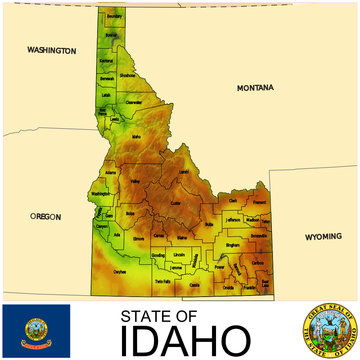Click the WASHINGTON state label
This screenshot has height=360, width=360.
pyautogui.click(x=52, y=49)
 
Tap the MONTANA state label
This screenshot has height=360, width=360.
pyautogui.click(x=253, y=88)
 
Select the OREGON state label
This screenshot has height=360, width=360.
pyautogui.click(x=45, y=216)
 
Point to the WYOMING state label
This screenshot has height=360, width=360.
pyautogui.click(x=323, y=237)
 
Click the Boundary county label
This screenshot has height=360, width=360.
pyautogui.click(x=114, y=18)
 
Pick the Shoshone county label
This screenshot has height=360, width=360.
pyautogui.click(x=127, y=75)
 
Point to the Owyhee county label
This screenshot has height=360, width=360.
pyautogui.click(x=119, y=271)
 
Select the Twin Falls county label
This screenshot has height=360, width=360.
pyautogui.click(x=163, y=283)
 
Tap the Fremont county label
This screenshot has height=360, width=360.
pyautogui.click(x=259, y=201)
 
